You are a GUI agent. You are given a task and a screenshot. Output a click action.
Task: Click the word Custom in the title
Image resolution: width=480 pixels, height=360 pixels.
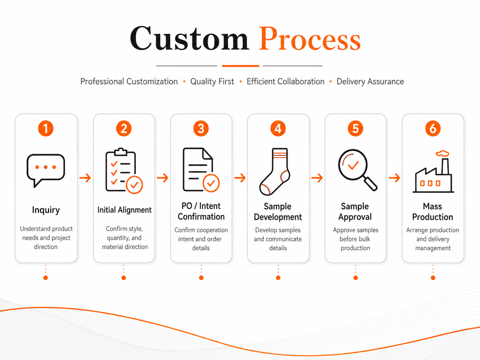[x=189, y=38]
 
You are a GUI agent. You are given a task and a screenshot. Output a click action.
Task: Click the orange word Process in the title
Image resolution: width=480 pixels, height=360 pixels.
[x=310, y=38]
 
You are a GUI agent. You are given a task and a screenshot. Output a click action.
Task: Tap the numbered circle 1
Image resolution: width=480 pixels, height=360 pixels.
[x=46, y=128]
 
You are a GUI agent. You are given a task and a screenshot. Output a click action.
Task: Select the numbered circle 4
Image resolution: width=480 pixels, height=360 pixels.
[x=278, y=128]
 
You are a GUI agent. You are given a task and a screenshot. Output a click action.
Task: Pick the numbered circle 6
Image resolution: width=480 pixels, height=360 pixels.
[x=433, y=128]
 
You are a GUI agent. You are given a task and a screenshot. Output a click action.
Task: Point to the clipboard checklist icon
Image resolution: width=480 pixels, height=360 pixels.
[x=124, y=171]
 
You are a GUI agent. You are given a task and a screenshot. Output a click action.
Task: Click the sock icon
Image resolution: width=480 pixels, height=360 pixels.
[x=275, y=172]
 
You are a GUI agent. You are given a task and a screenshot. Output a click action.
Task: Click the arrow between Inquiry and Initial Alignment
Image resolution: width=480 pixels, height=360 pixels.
[x=85, y=178]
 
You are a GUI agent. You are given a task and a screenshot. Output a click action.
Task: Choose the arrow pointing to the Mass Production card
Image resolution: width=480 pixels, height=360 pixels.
[x=394, y=178]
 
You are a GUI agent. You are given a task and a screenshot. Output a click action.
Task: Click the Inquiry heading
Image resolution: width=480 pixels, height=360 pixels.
[x=46, y=210]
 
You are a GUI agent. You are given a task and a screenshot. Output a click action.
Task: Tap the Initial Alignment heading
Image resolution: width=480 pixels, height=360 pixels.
[x=124, y=210]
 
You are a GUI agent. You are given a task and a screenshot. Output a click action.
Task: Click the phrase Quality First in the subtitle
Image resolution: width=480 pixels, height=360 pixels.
[x=212, y=82]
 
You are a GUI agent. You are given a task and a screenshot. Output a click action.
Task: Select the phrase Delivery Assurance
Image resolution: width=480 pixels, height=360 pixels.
[x=370, y=82]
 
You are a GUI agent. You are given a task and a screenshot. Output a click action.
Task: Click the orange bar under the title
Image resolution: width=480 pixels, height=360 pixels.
[x=241, y=66]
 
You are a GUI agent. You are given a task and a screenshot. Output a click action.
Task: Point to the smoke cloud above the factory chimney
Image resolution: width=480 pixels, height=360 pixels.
[x=443, y=153]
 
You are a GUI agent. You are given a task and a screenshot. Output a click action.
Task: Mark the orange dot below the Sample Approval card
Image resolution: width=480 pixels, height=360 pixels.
[x=356, y=278]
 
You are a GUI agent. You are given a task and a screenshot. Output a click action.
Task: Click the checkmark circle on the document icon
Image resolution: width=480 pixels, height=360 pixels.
[x=211, y=183]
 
